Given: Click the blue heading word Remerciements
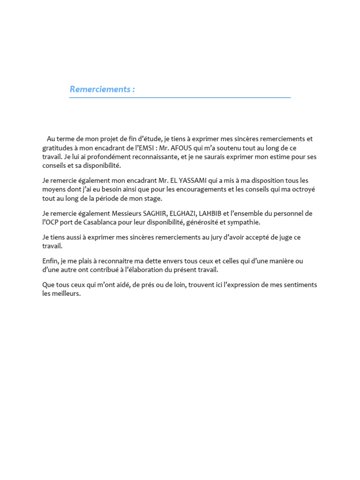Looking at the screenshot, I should [99, 89].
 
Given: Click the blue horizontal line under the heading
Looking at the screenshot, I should [180, 97].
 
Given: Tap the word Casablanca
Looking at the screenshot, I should [94, 222].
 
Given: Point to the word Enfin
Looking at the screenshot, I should [50, 261].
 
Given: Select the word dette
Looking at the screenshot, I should [142, 261].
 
